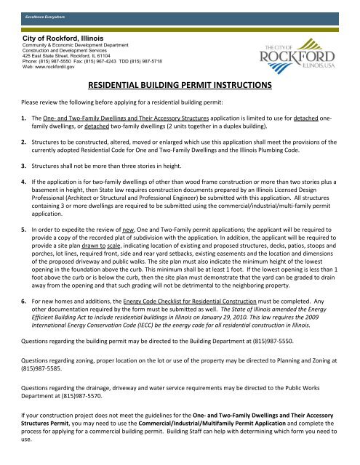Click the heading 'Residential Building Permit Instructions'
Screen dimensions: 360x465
(180, 85)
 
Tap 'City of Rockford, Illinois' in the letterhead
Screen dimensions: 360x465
(63, 37)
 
